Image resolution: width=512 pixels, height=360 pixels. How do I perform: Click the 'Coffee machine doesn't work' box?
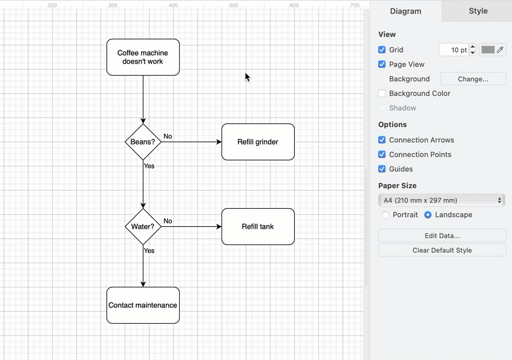[x=143, y=57]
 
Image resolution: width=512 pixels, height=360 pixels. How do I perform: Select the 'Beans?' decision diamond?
[x=143, y=142]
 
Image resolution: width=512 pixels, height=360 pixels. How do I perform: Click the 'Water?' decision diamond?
[x=143, y=227]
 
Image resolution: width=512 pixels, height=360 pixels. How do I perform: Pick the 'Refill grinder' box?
[x=258, y=142]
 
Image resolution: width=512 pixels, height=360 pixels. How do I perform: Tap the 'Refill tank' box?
[x=258, y=227]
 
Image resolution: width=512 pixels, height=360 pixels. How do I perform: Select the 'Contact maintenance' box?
[x=143, y=305]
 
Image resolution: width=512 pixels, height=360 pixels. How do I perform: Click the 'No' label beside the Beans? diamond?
[x=168, y=136]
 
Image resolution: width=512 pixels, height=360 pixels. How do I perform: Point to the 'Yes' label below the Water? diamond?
[x=149, y=250]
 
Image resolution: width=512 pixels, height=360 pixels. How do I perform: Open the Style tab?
[x=478, y=11]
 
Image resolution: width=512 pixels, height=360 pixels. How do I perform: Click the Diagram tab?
[x=405, y=11]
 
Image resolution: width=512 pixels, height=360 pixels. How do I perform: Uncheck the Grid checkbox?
[x=382, y=50]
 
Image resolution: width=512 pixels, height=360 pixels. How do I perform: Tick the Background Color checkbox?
[x=382, y=93]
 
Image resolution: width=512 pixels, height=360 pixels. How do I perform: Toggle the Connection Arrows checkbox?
[x=382, y=140]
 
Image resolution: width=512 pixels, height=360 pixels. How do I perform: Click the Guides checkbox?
[x=382, y=169]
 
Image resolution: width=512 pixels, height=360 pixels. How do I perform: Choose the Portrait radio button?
[x=386, y=215]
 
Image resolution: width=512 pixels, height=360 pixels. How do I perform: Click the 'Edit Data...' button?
[x=442, y=235]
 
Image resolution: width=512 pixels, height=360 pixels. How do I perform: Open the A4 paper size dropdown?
[x=442, y=200]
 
